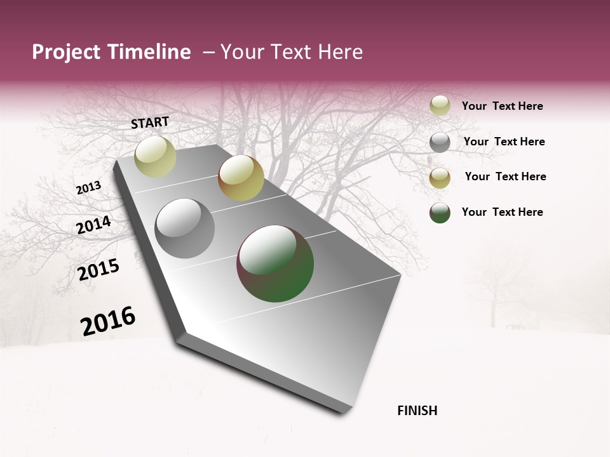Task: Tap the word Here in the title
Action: [x=340, y=52]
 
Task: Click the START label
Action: [x=150, y=123]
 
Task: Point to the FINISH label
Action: [x=417, y=411]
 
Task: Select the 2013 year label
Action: [x=89, y=188]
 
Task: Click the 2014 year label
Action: [x=94, y=225]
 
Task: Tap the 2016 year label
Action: [x=108, y=321]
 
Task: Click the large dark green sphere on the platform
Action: [x=275, y=263]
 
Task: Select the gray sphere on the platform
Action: [x=184, y=228]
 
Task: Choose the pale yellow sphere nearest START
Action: [x=155, y=157]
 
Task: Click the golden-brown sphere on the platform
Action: [x=241, y=178]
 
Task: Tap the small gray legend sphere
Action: [x=440, y=142]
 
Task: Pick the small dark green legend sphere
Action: [x=440, y=213]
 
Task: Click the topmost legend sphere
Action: [x=440, y=106]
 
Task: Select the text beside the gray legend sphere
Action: [x=504, y=142]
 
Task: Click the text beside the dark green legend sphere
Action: [x=502, y=212]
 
